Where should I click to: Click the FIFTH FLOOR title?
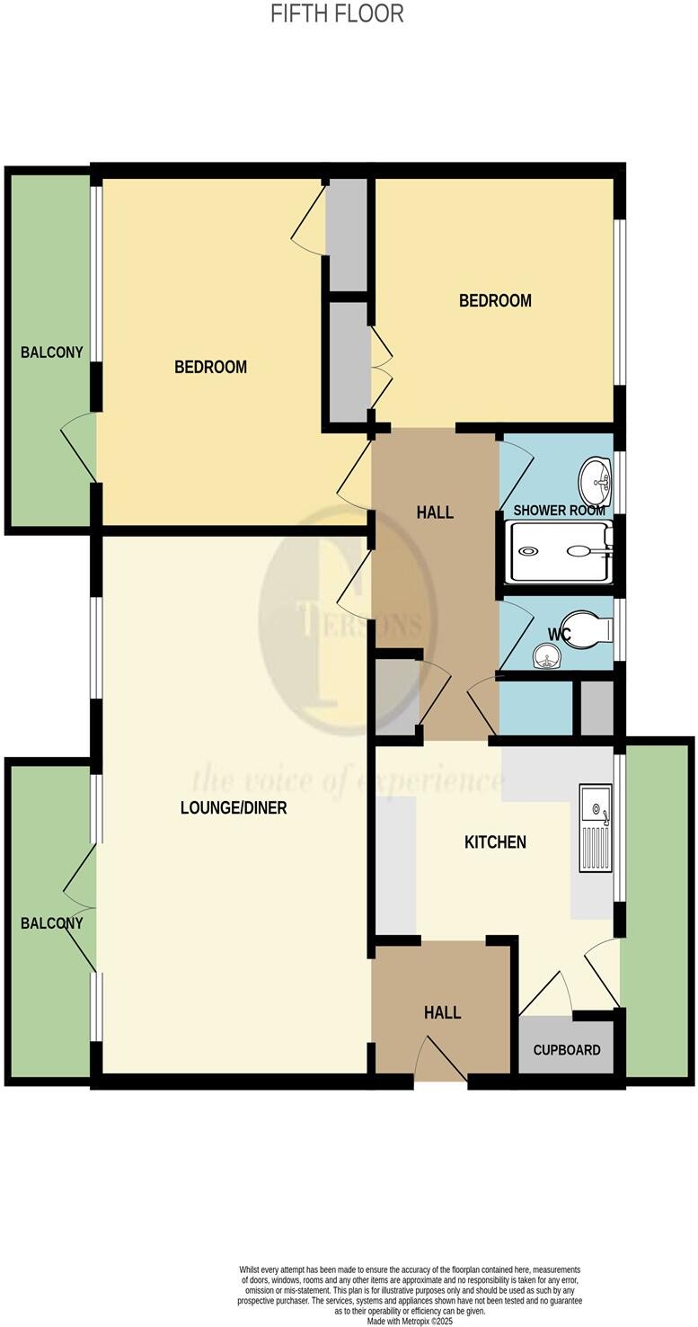tap(337, 13)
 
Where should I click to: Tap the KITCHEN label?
tap(495, 842)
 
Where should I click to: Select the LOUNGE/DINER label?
tap(234, 807)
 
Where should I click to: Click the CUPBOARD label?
tap(567, 1050)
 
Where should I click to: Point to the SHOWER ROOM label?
tap(559, 511)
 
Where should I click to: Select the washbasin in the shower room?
tap(593, 482)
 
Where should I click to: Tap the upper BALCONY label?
tap(52, 352)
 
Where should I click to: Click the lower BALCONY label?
tap(52, 923)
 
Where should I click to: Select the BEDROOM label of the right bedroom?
tap(495, 300)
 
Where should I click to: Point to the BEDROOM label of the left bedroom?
tap(210, 367)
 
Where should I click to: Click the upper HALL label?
tap(435, 513)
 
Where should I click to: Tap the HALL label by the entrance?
tap(442, 1013)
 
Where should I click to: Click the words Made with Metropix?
tap(409, 1322)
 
